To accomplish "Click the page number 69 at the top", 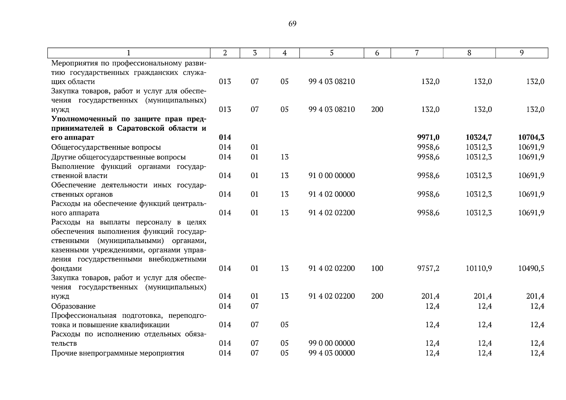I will (292, 24).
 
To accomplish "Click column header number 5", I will (332, 53).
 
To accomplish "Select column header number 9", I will (522, 53).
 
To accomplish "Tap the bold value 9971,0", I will (428, 137).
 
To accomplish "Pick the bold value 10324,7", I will (479, 137).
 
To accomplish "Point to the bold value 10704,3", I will (531, 137).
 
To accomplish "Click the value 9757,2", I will (428, 268).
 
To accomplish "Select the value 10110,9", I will (479, 268).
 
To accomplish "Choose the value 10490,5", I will (531, 268).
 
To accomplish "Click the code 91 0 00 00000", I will (332, 176).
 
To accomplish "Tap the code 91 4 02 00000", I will (332, 194).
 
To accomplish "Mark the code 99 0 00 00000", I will (332, 343).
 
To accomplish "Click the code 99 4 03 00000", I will (332, 353).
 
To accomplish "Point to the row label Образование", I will (73, 306).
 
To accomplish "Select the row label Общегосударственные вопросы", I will (106, 147).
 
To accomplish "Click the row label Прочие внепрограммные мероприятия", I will (118, 353).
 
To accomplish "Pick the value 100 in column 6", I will (377, 268).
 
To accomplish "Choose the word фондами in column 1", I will (66, 268).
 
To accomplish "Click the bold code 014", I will (225, 137).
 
